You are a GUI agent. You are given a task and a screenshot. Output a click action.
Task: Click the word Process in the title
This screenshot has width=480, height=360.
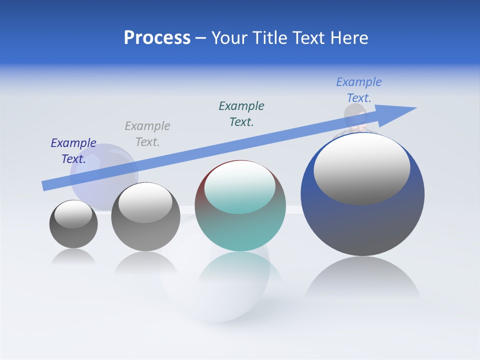point(157,38)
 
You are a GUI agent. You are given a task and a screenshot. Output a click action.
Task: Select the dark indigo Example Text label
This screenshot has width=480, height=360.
point(73,151)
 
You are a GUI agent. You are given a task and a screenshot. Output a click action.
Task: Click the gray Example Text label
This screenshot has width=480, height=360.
point(147,134)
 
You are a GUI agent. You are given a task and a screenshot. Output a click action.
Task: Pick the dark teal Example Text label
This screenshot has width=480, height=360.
point(241,114)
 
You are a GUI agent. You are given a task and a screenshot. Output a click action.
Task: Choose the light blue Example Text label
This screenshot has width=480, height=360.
point(359,90)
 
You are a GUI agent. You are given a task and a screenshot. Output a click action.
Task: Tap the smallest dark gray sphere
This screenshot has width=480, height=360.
point(73,235)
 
